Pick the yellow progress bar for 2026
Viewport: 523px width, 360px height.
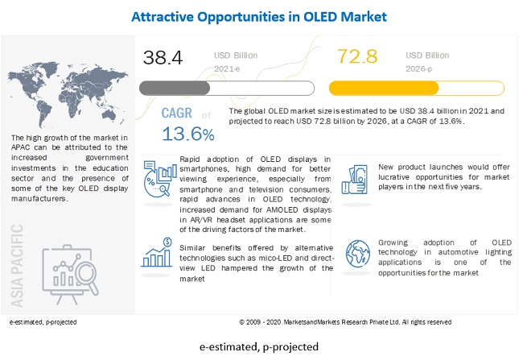[395, 87]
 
